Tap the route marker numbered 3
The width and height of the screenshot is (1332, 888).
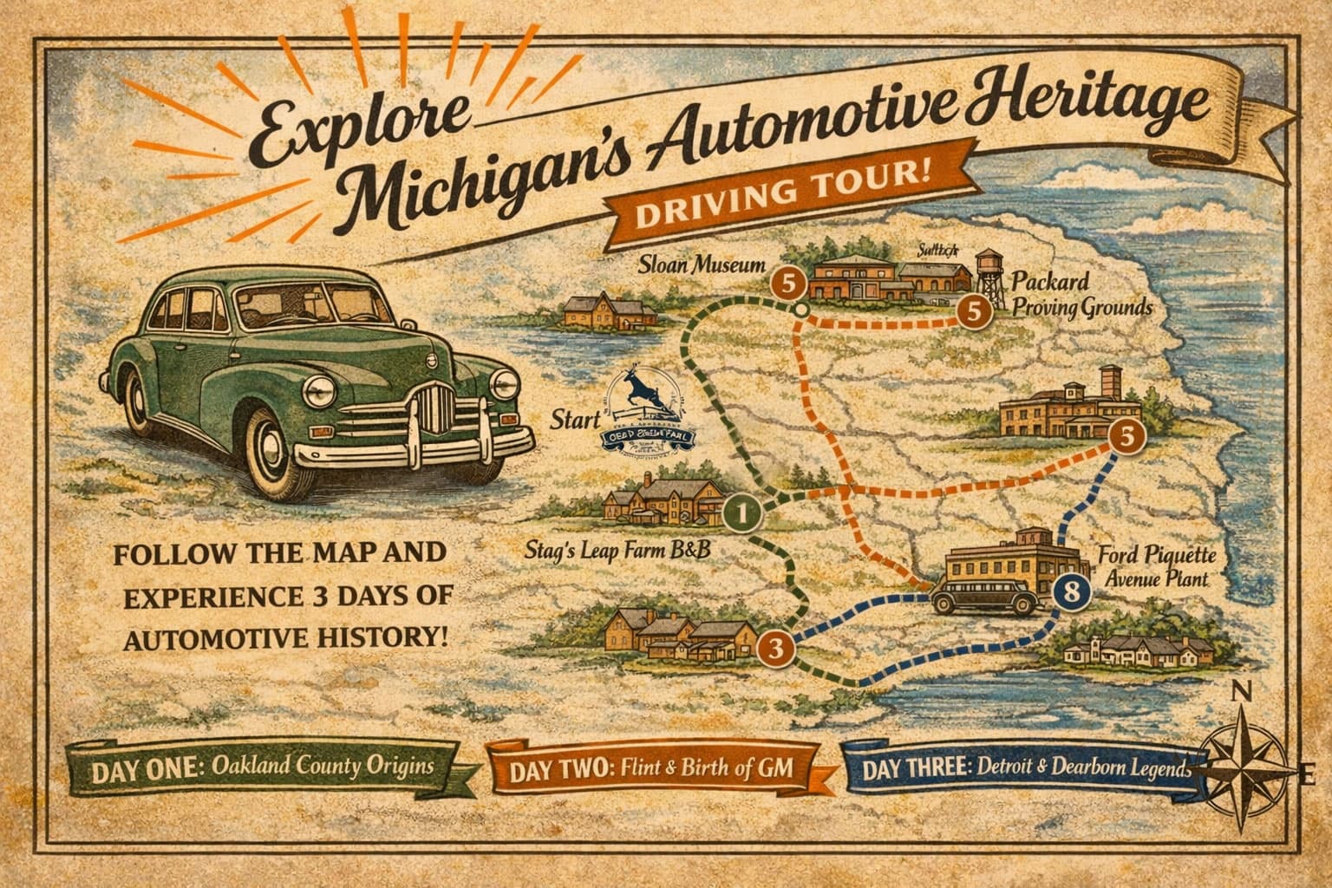(x=776, y=647)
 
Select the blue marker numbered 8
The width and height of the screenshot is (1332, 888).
(x=1072, y=593)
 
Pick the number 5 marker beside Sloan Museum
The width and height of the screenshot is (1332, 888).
(x=788, y=282)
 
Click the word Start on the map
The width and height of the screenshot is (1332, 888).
(x=576, y=421)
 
